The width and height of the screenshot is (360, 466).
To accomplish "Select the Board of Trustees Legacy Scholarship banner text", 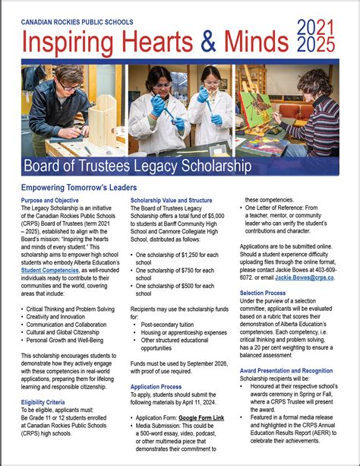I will (137, 165).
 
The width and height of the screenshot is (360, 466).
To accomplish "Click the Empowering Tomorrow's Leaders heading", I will (79, 187).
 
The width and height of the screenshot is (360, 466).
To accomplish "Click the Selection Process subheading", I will (263, 271).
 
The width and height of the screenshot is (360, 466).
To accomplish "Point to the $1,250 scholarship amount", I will (192, 254).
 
